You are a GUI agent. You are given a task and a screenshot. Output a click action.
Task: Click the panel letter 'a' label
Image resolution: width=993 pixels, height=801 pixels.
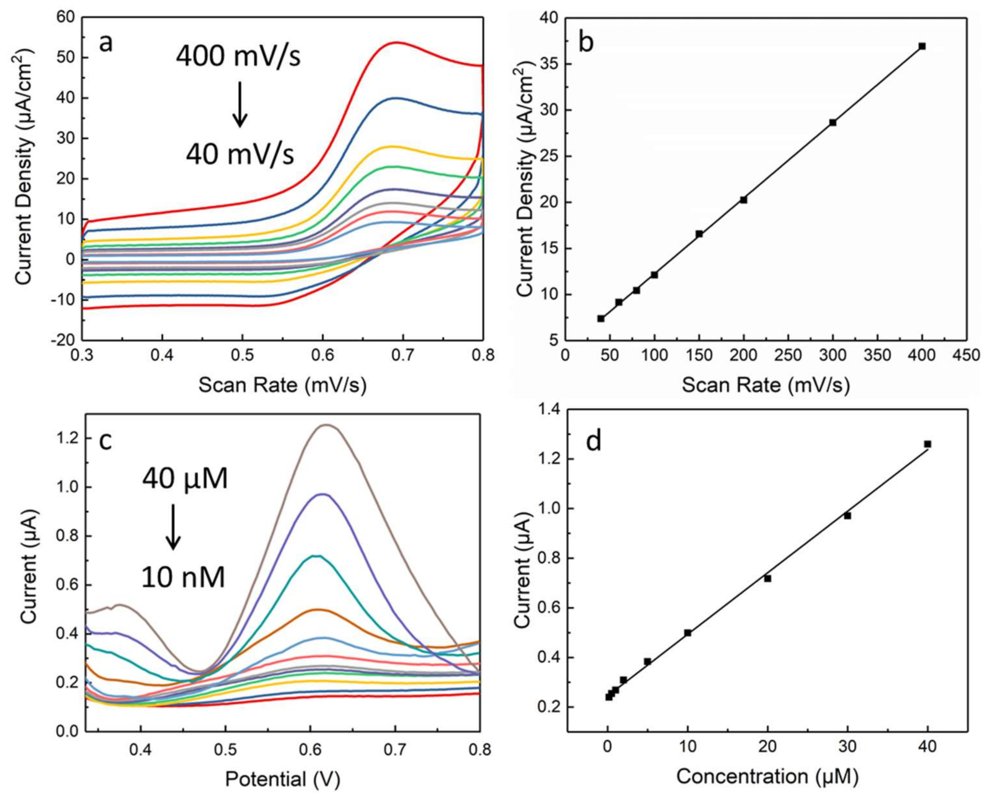click(x=106, y=44)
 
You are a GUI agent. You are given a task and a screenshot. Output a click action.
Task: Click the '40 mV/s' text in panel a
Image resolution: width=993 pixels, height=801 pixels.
click(x=240, y=154)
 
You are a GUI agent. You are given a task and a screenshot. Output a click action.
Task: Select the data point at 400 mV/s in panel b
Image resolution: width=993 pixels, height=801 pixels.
click(x=922, y=46)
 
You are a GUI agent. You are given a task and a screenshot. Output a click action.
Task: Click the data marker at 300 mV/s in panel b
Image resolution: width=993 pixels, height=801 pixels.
click(x=832, y=123)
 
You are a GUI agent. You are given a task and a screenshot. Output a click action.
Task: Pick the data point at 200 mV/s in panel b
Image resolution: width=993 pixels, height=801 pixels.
click(x=743, y=200)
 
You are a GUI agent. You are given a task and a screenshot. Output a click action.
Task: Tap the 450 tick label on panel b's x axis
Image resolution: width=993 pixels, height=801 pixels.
click(x=966, y=355)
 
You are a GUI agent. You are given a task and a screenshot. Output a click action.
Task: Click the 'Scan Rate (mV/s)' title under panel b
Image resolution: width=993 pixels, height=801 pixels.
click(x=766, y=385)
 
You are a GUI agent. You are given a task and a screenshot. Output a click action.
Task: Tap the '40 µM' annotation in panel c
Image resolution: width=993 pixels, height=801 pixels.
click(x=185, y=479)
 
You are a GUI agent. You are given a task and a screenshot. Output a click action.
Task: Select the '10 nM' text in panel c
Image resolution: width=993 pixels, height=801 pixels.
click(x=183, y=577)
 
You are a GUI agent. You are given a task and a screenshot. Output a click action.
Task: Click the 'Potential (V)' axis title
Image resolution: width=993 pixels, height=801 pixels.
click(x=283, y=779)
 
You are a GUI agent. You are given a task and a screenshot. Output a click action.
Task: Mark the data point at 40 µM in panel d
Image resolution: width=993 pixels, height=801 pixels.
click(x=927, y=444)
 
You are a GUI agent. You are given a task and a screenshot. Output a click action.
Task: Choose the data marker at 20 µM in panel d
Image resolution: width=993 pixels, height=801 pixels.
click(x=767, y=578)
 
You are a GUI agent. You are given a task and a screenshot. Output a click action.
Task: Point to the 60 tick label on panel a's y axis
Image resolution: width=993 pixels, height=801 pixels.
click(x=65, y=17)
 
